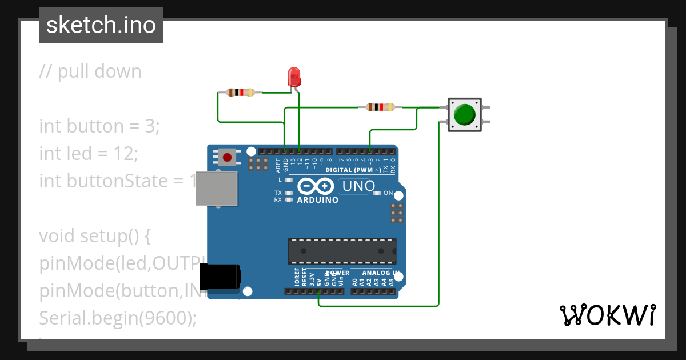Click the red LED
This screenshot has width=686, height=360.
pos(294,77)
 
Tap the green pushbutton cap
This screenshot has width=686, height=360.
pos(464,115)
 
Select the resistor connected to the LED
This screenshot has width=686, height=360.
pos(241,92)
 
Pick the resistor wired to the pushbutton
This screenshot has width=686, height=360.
pos(380,107)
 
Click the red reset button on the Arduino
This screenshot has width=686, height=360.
pos(227,157)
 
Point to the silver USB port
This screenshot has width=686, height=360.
pos(216,188)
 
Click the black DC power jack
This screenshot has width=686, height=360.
pos(222,276)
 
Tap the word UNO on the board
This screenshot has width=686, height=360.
pos(358,186)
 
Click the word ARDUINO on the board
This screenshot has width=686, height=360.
pos(317,200)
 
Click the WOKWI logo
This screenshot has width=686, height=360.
pos(607,315)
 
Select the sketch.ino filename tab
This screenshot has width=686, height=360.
pos(101,25)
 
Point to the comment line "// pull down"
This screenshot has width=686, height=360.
pos(90,71)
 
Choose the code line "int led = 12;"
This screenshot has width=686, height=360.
pos(89,153)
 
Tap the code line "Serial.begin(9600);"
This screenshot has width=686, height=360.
pos(117,318)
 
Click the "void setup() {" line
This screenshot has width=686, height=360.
pos(94,235)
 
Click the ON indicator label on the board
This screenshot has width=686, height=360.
pos(388,193)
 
